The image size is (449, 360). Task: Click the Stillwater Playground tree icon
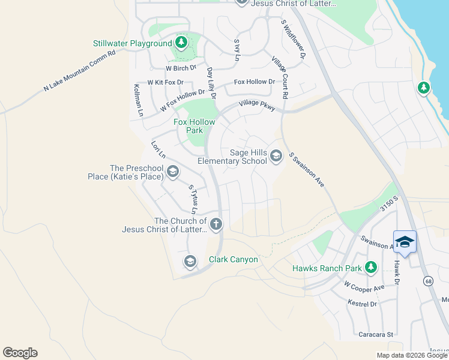click(181, 43)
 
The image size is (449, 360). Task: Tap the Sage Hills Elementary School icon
click(276, 156)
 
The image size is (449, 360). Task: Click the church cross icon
click(216, 224)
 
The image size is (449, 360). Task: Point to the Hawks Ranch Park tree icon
click(372, 267)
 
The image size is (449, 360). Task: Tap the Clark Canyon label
click(233, 260)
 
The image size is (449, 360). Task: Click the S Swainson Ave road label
click(306, 170)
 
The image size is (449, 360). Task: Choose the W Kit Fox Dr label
click(166, 82)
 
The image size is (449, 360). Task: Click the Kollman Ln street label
click(137, 100)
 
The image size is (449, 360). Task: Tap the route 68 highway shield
click(427, 281)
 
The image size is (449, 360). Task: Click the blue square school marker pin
click(405, 242)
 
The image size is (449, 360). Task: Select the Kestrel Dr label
click(363, 304)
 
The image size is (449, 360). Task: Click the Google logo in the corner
click(20, 353)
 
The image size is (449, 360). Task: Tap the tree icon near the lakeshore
click(424, 88)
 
